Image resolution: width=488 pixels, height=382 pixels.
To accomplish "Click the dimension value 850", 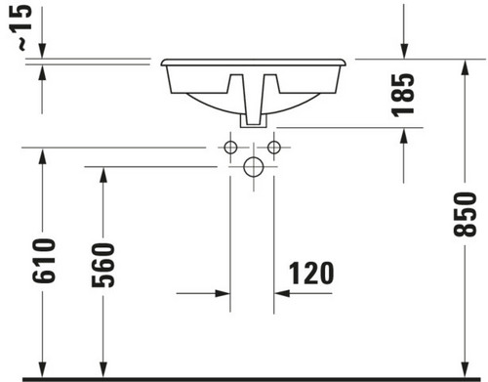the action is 465,214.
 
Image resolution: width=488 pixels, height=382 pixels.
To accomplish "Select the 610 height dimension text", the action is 44,261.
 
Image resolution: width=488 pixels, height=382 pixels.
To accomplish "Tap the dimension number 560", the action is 103,265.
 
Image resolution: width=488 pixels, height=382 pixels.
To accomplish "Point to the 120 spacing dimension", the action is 311,274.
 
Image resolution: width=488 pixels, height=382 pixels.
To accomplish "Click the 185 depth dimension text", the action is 403,95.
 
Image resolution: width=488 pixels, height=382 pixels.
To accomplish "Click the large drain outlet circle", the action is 254,167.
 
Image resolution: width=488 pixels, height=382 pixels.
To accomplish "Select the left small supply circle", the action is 230,148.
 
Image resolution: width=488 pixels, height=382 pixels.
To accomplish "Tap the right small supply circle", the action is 274,148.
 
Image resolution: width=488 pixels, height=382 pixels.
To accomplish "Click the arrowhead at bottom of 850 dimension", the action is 466,370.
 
